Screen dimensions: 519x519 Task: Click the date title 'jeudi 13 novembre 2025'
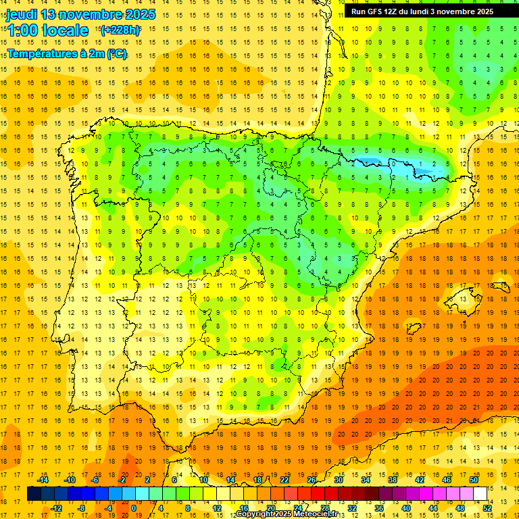pyautogui.click(x=80, y=14)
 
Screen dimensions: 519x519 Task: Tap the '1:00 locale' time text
pyautogui.click(x=48, y=30)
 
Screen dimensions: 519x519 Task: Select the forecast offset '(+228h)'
pyautogui.click(x=120, y=30)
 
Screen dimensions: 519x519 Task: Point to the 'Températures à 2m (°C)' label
pyautogui.click(x=67, y=53)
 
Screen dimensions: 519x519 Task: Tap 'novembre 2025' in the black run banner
pyautogui.click(x=468, y=11)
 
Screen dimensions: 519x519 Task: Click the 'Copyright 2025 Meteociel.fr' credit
pyautogui.click(x=287, y=514)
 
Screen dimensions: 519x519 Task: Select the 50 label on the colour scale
pyautogui.click(x=473, y=480)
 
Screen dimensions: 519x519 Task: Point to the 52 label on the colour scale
pyautogui.click(x=487, y=508)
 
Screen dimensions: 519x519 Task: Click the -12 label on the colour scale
pyautogui.click(x=56, y=508)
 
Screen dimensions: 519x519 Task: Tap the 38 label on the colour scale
pyautogui.click(x=392, y=480)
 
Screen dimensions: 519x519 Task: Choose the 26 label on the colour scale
pyautogui.click(x=312, y=480)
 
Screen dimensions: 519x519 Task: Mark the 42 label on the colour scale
pyautogui.click(x=420, y=480)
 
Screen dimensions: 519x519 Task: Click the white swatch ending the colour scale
pyautogui.click(x=480, y=494)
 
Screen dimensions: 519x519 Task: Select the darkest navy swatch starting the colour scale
pyautogui.click(x=34, y=494)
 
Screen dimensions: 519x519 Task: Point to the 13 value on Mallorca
pyautogui.click(x=464, y=298)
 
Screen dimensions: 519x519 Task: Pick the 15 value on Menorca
pyautogui.click(x=504, y=285)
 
